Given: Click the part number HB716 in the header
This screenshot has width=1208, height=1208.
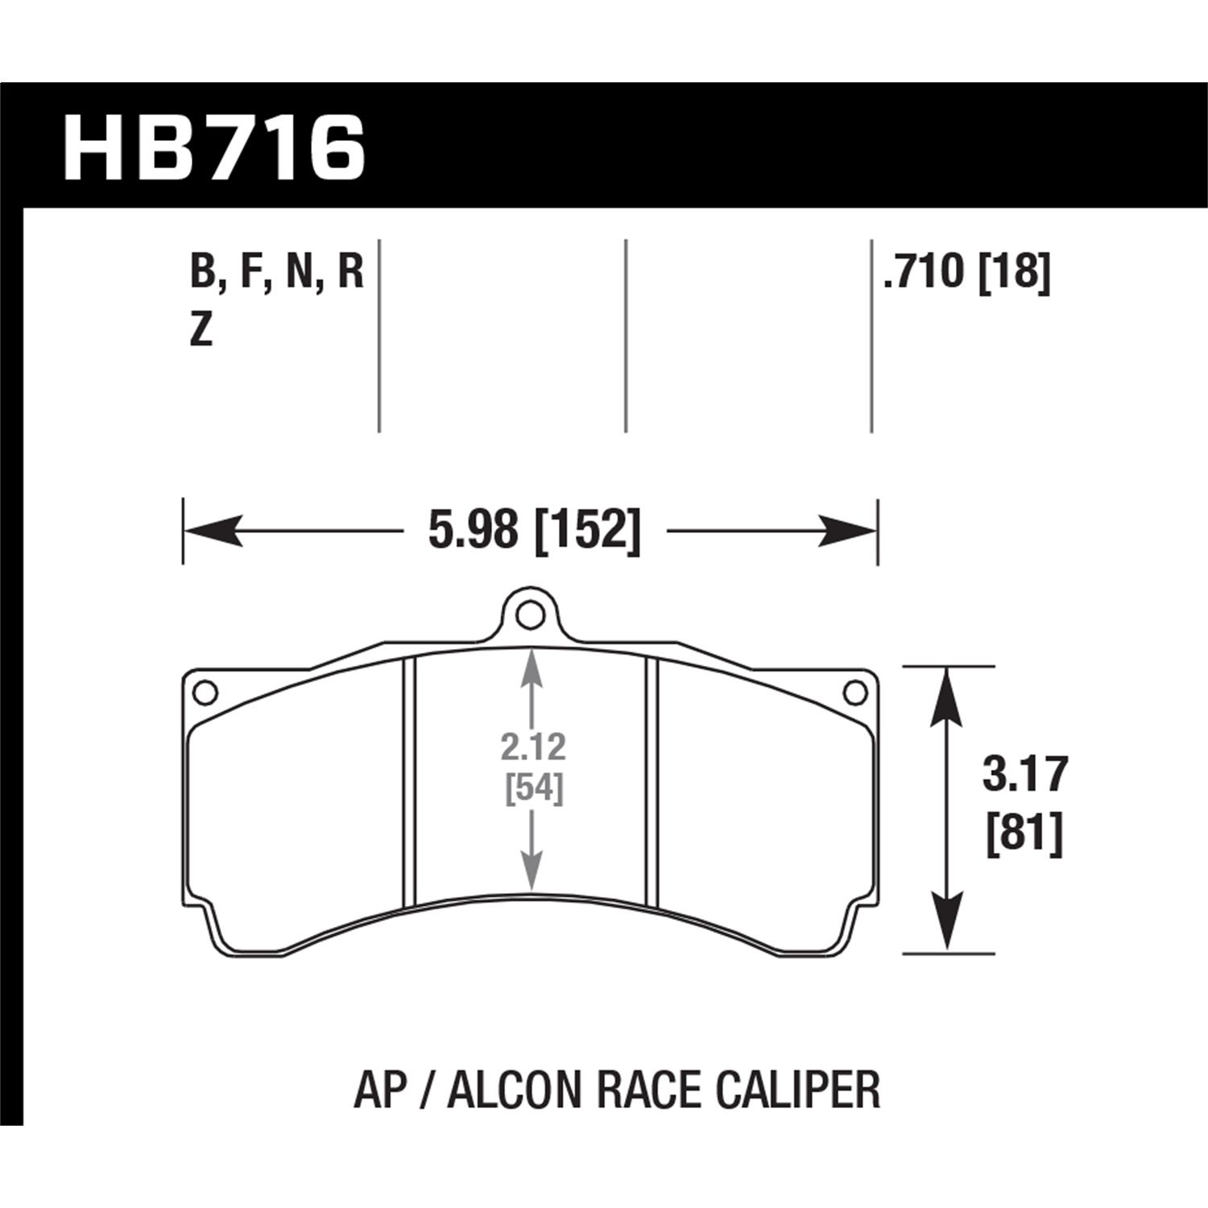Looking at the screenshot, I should (x=214, y=149).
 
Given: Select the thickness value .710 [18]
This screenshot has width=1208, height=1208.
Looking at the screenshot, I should (x=966, y=271).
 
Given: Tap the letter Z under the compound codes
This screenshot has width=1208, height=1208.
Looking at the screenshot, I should (x=201, y=330).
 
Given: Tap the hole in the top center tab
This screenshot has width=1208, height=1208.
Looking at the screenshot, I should (x=528, y=616).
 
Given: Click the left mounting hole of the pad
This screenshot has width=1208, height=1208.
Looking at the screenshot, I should (x=205, y=692).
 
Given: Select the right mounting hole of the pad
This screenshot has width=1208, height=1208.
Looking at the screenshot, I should (x=854, y=692).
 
